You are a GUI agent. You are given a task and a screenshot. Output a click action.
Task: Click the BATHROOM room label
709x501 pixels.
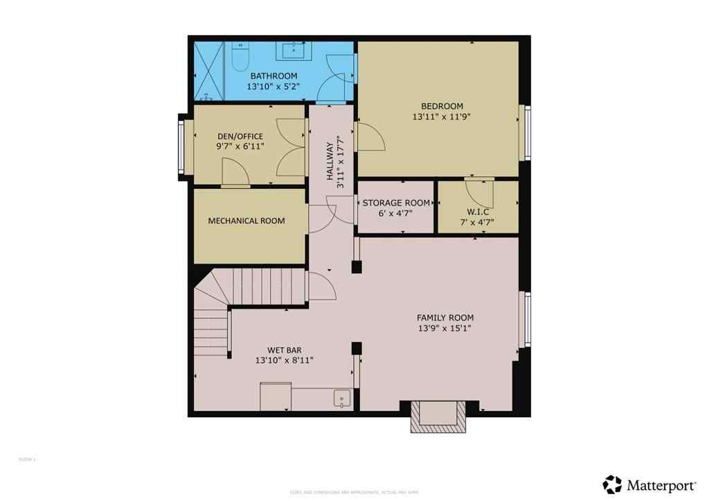coord(273,75)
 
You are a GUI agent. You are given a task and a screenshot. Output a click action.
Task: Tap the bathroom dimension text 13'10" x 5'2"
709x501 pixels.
coord(273,87)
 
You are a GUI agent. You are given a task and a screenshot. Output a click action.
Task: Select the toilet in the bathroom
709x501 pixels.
coord(238,58)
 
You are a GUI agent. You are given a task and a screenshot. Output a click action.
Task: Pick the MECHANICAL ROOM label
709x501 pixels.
coord(246,221)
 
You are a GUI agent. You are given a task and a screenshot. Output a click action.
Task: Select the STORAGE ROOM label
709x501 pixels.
coord(396,203)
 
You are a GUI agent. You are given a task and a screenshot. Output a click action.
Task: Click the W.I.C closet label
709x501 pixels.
coord(478,212)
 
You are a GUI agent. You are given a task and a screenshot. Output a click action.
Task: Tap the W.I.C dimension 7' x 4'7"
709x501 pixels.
coord(478,222)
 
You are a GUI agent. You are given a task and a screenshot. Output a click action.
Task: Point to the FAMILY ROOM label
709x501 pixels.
coord(445,318)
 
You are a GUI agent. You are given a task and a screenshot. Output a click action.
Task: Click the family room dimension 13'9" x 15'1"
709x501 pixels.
coord(445,329)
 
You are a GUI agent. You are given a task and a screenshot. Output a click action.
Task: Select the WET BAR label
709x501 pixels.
coord(285,350)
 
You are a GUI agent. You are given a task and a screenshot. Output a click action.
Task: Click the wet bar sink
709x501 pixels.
coord(341,399)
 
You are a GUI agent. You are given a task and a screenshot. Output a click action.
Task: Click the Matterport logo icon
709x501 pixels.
coord(612,484)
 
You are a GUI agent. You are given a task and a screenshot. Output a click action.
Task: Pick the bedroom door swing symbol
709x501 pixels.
coord(370,136)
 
